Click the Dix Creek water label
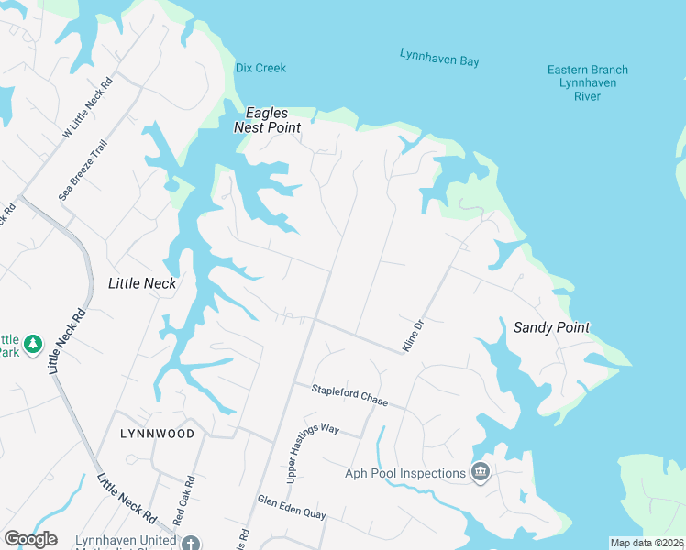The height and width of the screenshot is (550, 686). [260, 68]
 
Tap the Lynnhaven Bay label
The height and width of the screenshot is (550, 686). [439, 59]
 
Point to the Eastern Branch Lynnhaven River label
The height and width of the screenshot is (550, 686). [587, 82]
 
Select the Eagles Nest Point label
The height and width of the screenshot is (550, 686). [267, 120]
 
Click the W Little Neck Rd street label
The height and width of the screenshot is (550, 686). [87, 107]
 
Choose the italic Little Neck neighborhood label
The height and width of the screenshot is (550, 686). [142, 283]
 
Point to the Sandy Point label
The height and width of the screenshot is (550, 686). [550, 327]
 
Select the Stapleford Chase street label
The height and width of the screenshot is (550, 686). [349, 396]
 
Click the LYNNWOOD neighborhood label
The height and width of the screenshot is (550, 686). [157, 433]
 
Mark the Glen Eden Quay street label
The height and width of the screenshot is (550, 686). [292, 508]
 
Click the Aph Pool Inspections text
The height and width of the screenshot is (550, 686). [405, 473]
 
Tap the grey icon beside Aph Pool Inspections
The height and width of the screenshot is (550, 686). [480, 472]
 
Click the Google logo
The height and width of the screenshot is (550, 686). [30, 538]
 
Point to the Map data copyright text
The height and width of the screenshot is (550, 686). [647, 543]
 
